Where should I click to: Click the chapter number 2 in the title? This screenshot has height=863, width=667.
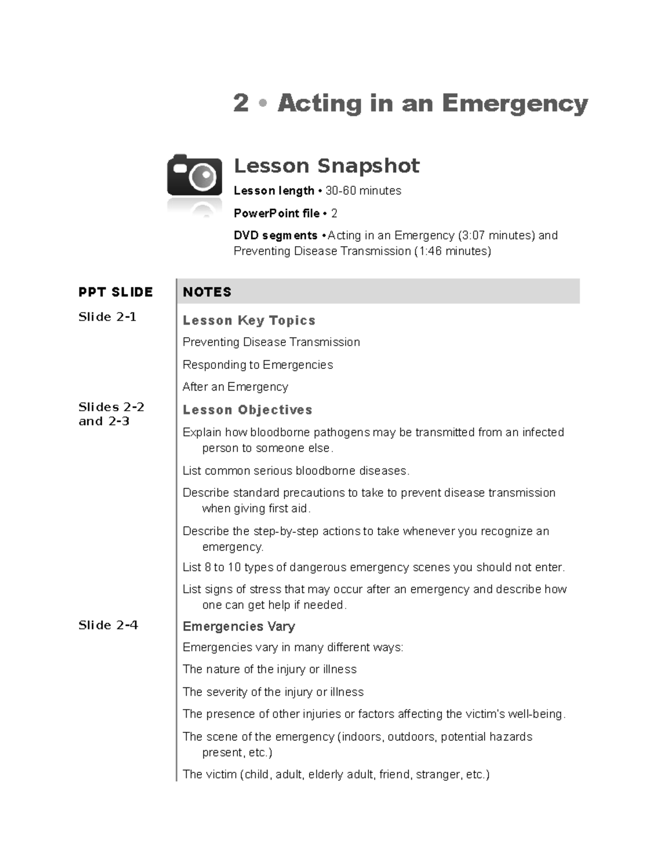point(241,103)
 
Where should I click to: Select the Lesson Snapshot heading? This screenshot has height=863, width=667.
point(326,166)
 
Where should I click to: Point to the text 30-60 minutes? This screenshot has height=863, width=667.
point(363,191)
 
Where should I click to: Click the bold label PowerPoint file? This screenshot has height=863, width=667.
point(276,213)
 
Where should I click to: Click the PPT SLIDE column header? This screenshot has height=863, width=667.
point(116,292)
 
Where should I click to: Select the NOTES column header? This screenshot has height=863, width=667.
point(207,292)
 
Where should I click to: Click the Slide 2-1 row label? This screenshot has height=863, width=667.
point(107,317)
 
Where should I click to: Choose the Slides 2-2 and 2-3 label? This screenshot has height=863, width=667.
point(111,414)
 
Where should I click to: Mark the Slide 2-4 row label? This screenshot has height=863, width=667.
point(108,625)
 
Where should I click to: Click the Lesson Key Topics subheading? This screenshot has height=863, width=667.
point(249,321)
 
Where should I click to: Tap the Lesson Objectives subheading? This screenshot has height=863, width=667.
point(247,410)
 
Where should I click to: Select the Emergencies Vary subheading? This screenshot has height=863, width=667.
point(238,626)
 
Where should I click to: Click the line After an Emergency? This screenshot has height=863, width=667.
point(235,387)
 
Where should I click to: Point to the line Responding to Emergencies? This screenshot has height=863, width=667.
point(257,365)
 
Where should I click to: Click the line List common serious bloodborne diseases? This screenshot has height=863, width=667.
point(296,471)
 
